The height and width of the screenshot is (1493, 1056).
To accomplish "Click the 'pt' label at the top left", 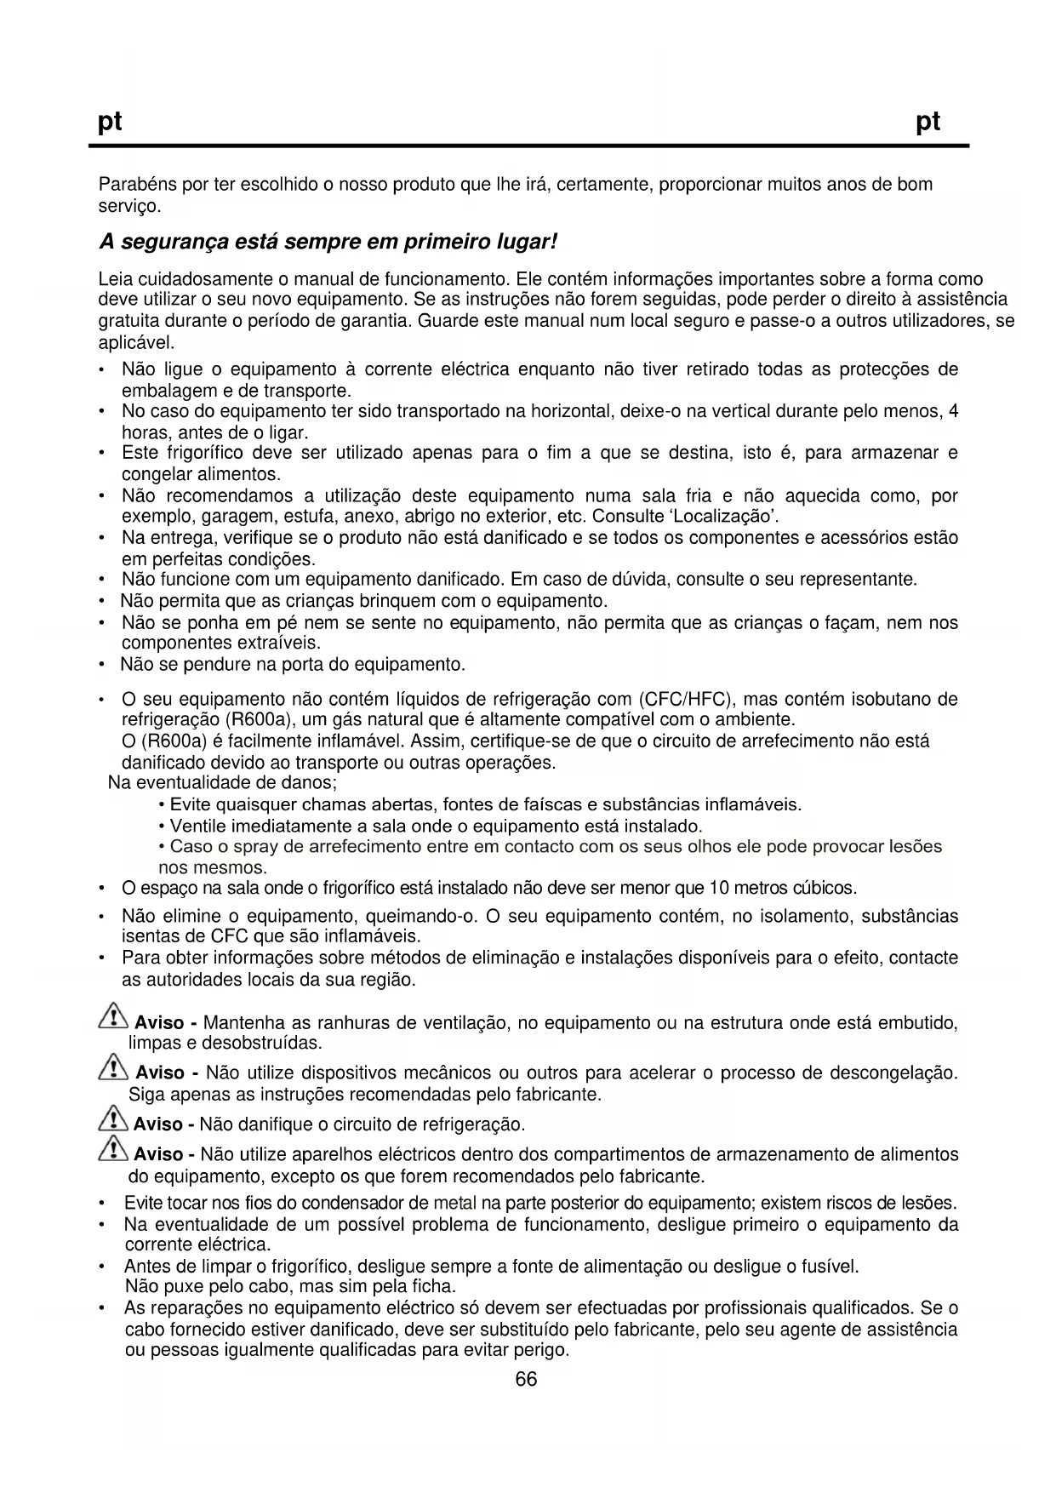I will pos(111,123).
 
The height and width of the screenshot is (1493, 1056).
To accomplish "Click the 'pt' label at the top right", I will pos(928,123).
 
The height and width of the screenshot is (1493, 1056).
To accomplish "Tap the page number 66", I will pos(527,1380).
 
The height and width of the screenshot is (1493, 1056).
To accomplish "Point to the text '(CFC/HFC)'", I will pos(687,700).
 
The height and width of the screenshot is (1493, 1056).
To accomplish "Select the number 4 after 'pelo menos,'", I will pos(954,412).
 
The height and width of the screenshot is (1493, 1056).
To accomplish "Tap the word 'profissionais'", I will pos(756,1308).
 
